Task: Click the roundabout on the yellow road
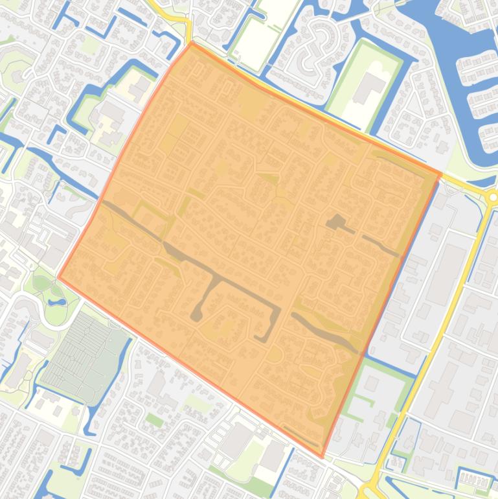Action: (x=492, y=196)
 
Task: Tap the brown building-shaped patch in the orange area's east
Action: (x=335, y=222)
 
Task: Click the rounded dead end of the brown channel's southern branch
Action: (x=196, y=316)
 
